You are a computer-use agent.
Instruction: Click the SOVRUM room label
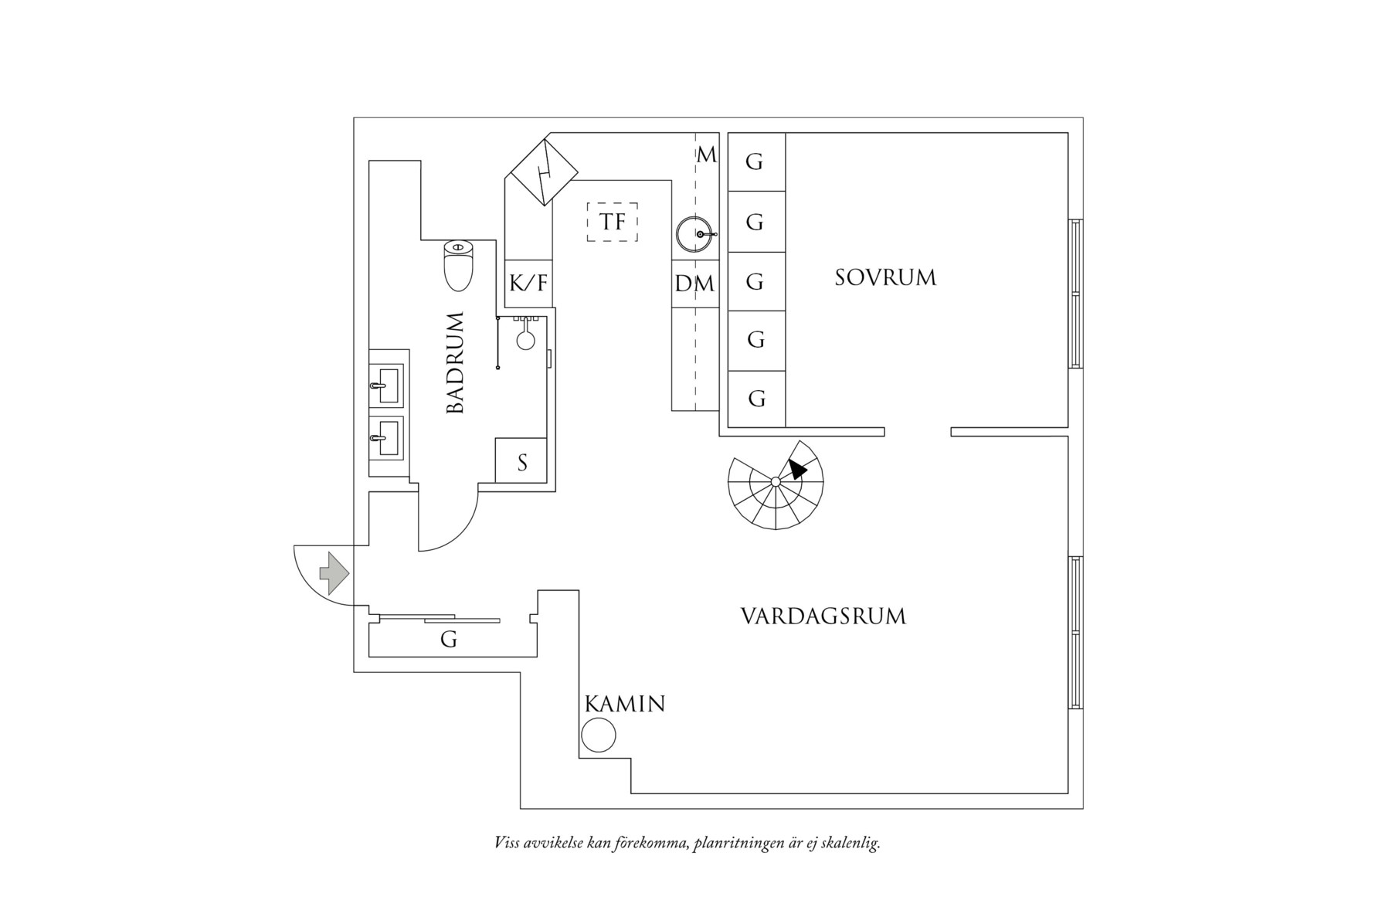885,277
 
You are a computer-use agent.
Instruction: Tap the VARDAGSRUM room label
823,616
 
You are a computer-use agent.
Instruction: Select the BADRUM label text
457,363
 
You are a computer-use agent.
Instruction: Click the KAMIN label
625,704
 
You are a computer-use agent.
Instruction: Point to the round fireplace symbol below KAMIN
599,735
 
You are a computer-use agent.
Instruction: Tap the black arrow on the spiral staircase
797,468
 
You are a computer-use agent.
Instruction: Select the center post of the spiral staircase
776,482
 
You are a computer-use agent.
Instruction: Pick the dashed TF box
613,222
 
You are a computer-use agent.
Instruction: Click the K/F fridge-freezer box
528,284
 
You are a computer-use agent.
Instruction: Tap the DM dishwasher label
694,284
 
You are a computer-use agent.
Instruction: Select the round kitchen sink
695,234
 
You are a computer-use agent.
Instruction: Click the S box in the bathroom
521,462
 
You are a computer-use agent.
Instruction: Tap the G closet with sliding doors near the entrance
449,639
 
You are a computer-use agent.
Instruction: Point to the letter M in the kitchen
706,155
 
